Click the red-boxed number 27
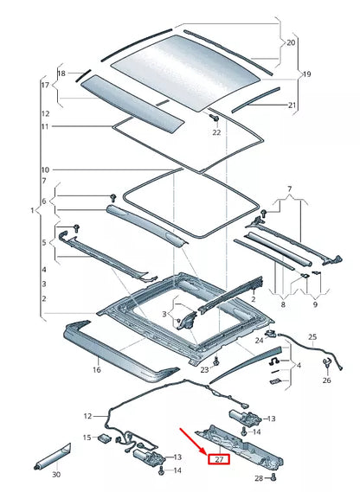coord(219,459)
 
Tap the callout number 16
coord(97,369)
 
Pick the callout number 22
coord(216,132)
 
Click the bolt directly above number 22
coord(212,117)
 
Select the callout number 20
coord(290,42)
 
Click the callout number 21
coord(292,105)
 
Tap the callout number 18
coord(61,74)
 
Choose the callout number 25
coord(312,336)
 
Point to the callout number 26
coord(326,380)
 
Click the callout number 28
coord(259,476)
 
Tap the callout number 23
coord(204,369)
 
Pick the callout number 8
coord(282,304)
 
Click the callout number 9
coord(314,304)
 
